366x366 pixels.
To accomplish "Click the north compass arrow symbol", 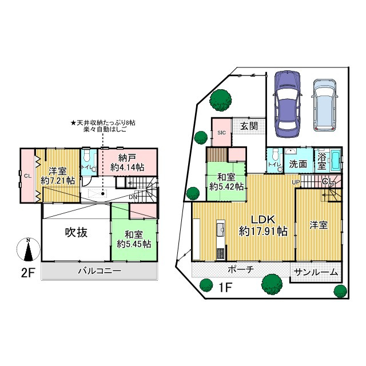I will [x=27, y=249].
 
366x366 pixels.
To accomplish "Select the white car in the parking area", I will [x=324, y=104].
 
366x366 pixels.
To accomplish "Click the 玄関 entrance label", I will [x=248, y=126].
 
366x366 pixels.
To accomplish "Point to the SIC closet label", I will [x=221, y=132].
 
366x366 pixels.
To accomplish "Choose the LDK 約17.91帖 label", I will [x=262, y=225].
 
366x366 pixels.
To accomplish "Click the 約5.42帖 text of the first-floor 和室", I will [x=226, y=186].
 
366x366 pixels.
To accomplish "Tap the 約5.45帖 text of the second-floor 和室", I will [x=134, y=244].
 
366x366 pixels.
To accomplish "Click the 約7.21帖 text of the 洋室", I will [x=58, y=180].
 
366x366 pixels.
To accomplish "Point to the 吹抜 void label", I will [x=75, y=233].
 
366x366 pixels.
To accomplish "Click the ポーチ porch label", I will [x=240, y=269].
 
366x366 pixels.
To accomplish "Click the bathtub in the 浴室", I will [x=334, y=161].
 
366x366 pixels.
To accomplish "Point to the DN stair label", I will [x=133, y=197].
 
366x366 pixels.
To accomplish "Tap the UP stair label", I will [x=296, y=182].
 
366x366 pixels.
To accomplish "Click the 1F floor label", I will [x=224, y=287].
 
